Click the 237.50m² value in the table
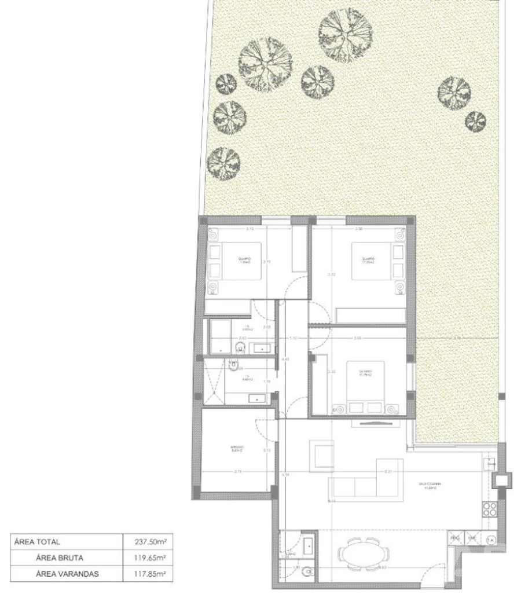click(x=153, y=542)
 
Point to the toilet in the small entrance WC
click(x=309, y=572)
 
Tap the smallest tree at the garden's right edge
click(x=475, y=120)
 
